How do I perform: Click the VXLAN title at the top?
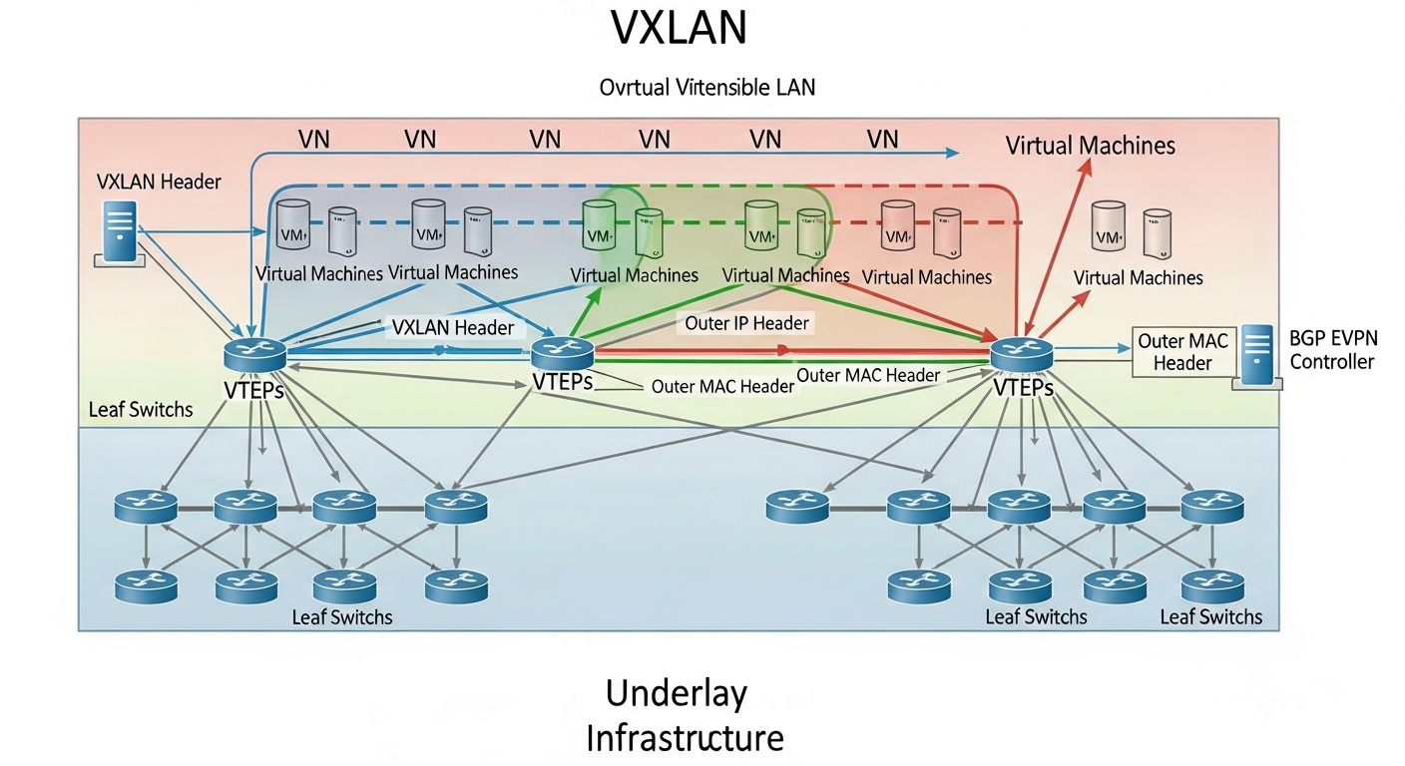click(x=678, y=29)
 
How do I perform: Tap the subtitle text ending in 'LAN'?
click(x=706, y=87)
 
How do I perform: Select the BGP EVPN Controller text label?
click(x=1331, y=350)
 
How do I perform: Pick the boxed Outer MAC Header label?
click(x=1182, y=352)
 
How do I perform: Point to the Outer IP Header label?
click(x=747, y=323)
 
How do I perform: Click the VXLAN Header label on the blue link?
click(x=453, y=327)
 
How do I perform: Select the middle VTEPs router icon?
click(x=562, y=352)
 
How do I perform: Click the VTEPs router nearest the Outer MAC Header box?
click(x=1022, y=351)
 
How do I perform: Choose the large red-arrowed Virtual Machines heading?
click(x=1090, y=146)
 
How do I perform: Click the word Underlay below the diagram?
click(x=676, y=692)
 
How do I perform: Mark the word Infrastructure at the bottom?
click(x=684, y=739)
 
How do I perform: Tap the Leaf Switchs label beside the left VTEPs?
click(x=141, y=409)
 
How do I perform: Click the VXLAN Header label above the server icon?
click(x=159, y=182)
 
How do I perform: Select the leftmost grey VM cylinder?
click(x=293, y=225)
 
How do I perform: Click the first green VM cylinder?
click(x=599, y=225)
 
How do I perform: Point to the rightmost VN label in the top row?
click(x=882, y=139)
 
